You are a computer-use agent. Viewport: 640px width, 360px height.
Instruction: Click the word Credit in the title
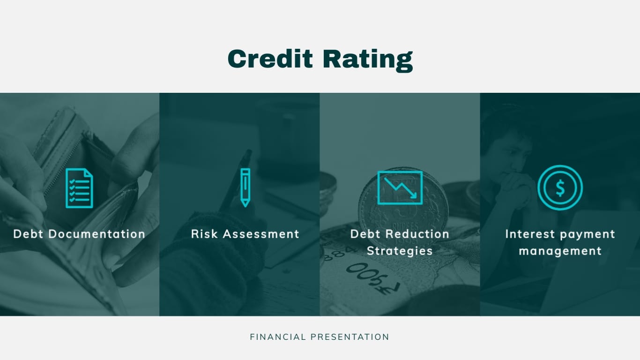click(x=270, y=60)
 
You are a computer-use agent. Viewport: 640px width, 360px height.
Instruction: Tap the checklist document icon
click(x=79, y=188)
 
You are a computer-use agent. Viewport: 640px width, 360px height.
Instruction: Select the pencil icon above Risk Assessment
click(x=245, y=187)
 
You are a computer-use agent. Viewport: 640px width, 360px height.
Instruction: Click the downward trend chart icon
click(x=400, y=187)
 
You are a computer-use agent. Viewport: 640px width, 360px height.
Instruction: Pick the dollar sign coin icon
click(x=560, y=187)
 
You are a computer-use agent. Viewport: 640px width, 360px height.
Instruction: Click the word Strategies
click(x=400, y=251)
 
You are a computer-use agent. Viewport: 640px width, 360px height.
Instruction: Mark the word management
click(x=560, y=251)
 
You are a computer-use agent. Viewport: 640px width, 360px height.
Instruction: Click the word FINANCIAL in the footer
click(x=278, y=337)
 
